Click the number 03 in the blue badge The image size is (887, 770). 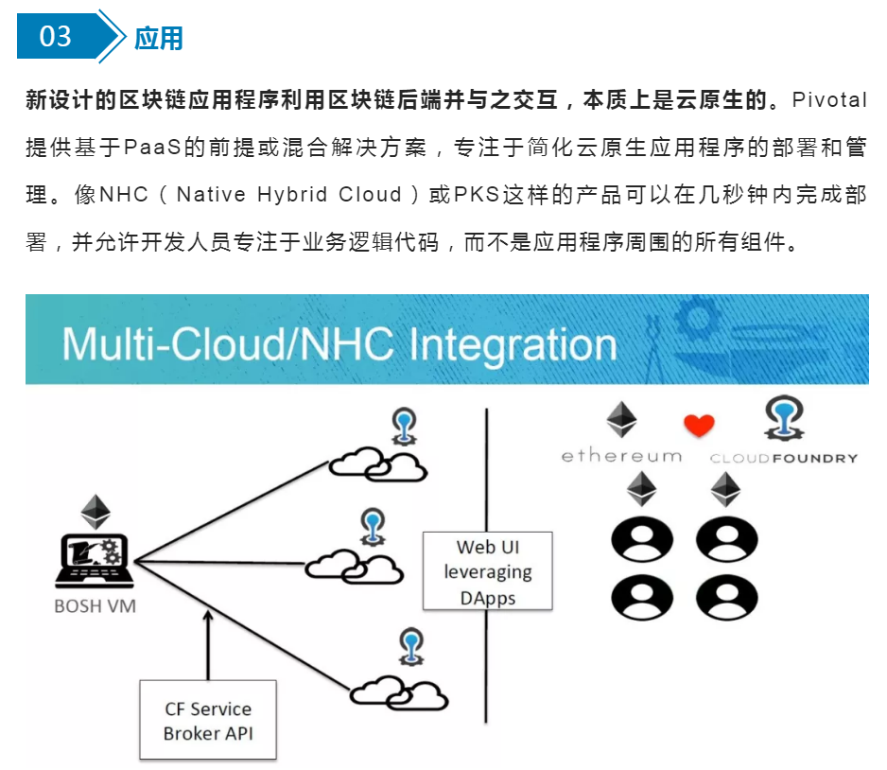click(55, 37)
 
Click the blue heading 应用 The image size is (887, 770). click(159, 39)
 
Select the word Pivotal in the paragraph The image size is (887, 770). click(828, 100)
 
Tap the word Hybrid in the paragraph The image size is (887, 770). click(292, 194)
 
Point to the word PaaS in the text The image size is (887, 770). click(151, 148)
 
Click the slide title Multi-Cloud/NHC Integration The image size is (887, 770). click(339, 344)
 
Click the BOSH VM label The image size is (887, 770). click(95, 606)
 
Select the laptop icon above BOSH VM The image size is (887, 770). click(95, 561)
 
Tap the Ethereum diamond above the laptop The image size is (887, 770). click(96, 512)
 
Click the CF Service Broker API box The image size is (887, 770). click(208, 720)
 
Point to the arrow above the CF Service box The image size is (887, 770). click(208, 645)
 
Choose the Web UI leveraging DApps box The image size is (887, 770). click(488, 570)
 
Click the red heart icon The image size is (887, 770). click(699, 425)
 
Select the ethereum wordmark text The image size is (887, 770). click(621, 455)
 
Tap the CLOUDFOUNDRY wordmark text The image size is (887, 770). click(784, 458)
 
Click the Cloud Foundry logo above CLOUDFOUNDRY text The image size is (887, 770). click(784, 418)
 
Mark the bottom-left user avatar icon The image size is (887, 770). click(642, 598)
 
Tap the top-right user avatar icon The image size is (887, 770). click(727, 539)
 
